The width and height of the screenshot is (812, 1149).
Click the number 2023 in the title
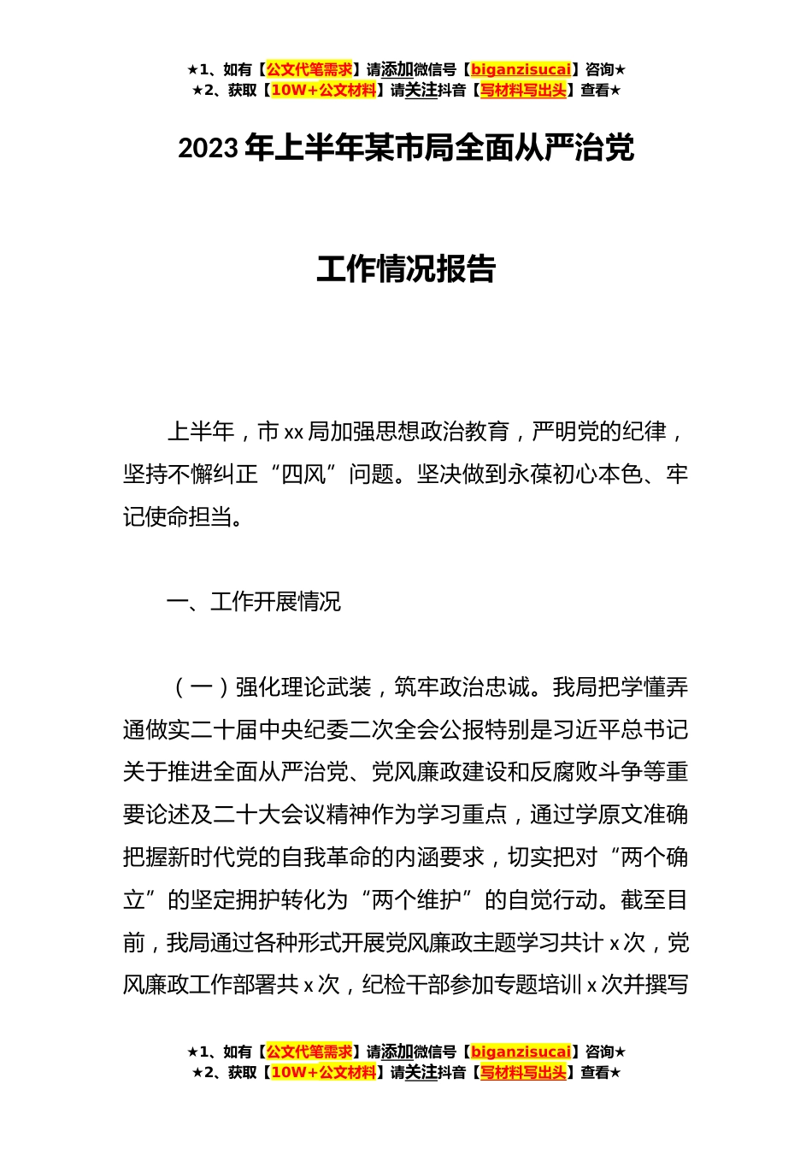pyautogui.click(x=208, y=149)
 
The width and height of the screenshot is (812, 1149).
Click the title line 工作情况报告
pyautogui.click(x=406, y=268)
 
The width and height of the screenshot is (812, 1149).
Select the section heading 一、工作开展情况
pyautogui.click(x=254, y=602)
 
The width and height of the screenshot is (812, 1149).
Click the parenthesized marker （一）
pyautogui.click(x=201, y=687)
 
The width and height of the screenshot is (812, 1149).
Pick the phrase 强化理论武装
pyautogui.click(x=303, y=687)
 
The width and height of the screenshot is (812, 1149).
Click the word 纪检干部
pyautogui.click(x=405, y=985)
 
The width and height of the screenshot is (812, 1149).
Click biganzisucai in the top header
pyautogui.click(x=521, y=70)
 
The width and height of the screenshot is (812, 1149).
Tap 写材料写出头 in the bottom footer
pyautogui.click(x=523, y=1073)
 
